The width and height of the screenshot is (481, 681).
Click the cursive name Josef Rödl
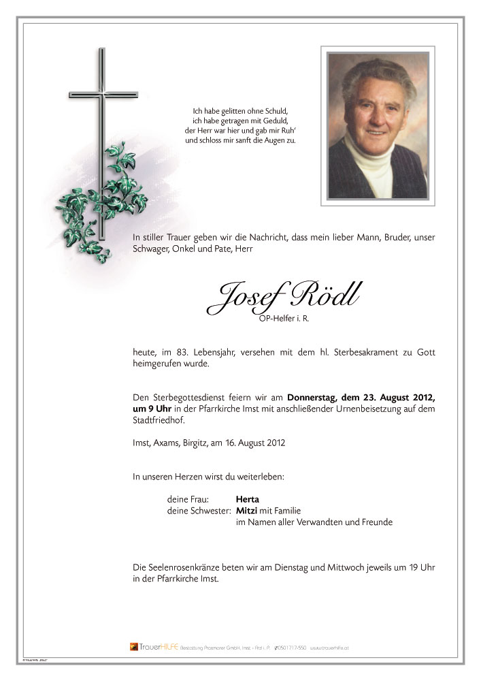click(284, 295)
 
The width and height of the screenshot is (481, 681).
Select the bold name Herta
click(247, 499)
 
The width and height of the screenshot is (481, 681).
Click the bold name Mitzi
click(246, 511)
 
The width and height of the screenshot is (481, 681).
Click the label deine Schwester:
click(199, 511)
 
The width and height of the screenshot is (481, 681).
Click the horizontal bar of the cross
click(103, 94)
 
